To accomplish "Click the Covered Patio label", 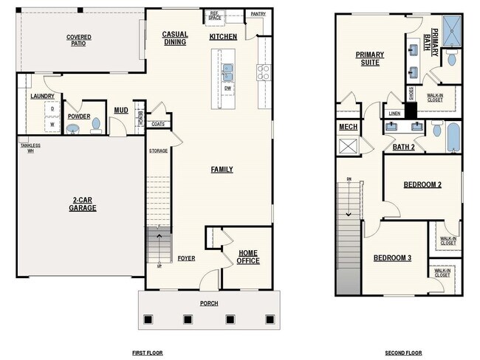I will (79, 40).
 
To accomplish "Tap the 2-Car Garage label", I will (83, 204).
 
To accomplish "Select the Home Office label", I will (248, 257).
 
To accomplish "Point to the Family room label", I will (222, 170).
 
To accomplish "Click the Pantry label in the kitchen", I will (258, 13).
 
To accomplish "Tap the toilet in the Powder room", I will (95, 125).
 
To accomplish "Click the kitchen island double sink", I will (229, 72).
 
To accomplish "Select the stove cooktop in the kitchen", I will (264, 72).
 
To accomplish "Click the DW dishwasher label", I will (228, 88).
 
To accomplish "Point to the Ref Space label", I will (215, 15).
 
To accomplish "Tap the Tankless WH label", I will (30, 148).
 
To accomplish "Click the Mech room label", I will (348, 127).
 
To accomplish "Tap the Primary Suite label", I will (368, 58).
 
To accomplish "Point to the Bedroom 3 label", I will (391, 257).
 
